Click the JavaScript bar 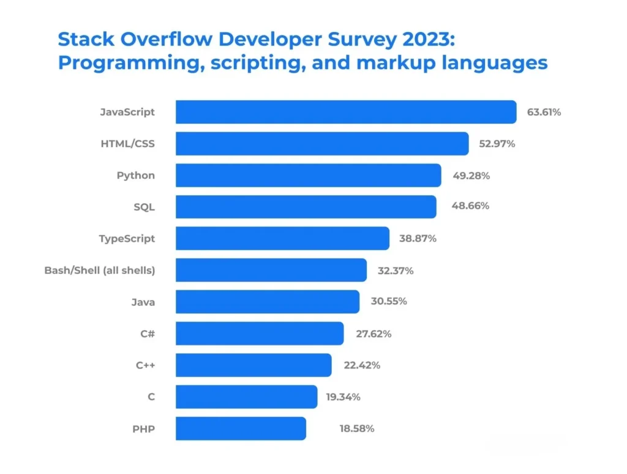coord(346,112)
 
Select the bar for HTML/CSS coord(322,144)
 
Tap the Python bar coord(308,175)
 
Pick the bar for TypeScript coord(282,238)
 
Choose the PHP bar coord(241,428)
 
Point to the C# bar coord(260,333)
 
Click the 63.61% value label coord(544,112)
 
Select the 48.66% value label coord(470,206)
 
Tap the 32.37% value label coord(395,270)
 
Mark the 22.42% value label coord(362,365)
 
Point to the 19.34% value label coord(343,397)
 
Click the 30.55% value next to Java coord(388,301)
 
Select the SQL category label coord(144,207)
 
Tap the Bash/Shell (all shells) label coord(99,270)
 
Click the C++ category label coord(145,365)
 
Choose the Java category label coord(143,302)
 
